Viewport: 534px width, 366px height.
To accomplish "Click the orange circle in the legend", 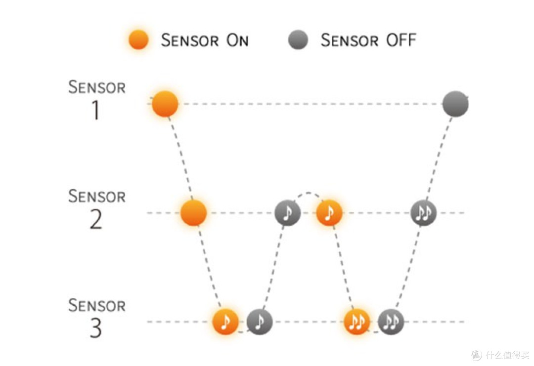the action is pos(138,40).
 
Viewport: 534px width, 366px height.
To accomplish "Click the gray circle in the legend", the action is pos(298,40).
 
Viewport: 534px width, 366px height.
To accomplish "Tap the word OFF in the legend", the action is pos(401,40).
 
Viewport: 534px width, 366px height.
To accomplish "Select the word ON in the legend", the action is pos(237,40).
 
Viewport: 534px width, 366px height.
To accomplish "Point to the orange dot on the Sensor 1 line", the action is pos(165,104).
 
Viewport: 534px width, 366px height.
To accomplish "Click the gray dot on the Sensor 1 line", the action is pos(456,104).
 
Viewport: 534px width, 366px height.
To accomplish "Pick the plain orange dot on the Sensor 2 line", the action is pos(193,213).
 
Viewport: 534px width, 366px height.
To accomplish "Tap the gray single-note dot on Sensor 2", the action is pos(288,213).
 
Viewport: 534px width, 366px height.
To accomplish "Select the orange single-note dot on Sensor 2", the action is pos(329,213).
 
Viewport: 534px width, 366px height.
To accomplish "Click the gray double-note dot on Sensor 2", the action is pos(423,213).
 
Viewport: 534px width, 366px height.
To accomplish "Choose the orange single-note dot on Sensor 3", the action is pos(225,322).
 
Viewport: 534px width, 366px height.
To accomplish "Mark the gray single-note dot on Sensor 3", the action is pos(260,322).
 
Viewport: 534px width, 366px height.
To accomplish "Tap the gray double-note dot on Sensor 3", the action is pos(391,322).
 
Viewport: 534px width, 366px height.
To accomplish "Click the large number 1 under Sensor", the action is pos(96,110).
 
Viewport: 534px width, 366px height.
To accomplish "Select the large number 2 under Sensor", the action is pos(96,219).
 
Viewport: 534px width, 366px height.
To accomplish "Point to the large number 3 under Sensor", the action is pos(96,328).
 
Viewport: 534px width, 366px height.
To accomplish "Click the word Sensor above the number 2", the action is pos(97,196).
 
